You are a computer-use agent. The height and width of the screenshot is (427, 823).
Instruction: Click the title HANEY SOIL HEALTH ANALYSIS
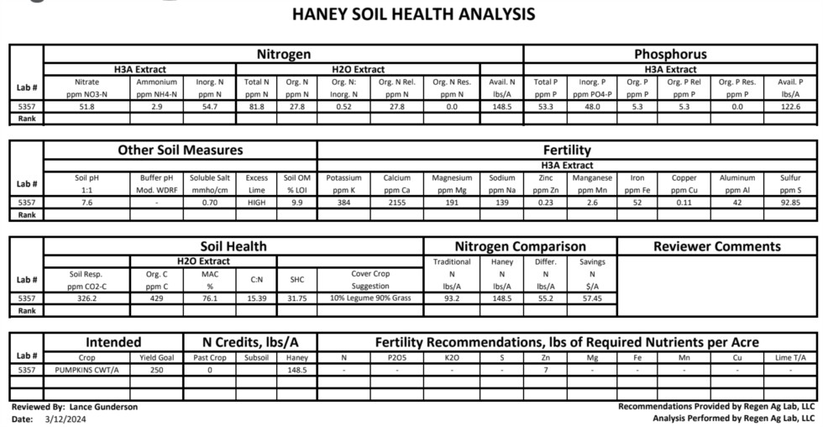412,14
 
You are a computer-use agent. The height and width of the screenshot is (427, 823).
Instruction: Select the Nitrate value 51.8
86,107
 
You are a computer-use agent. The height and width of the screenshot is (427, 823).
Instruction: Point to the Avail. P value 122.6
790,107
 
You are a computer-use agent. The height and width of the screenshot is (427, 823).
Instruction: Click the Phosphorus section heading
670,54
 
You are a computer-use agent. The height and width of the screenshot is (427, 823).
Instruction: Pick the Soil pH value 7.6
86,203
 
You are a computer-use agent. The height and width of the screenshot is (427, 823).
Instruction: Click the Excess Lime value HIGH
257,203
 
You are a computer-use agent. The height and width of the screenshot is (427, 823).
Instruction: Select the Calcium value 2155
396,203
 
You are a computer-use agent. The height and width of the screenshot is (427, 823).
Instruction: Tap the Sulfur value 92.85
790,203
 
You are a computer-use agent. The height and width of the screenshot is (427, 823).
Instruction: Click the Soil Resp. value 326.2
86,298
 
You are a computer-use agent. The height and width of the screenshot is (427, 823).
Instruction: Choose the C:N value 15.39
256,298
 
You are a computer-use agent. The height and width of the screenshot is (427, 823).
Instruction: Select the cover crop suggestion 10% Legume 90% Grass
370,298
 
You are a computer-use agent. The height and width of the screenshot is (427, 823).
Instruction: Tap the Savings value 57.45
593,298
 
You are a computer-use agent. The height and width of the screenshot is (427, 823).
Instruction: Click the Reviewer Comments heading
716,246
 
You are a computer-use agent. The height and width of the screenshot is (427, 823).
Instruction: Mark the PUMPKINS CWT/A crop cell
87,370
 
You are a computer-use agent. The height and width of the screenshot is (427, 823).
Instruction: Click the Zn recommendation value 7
545,370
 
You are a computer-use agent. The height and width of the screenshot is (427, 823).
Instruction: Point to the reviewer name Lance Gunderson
103,407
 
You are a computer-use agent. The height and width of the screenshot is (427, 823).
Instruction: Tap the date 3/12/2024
60,418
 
